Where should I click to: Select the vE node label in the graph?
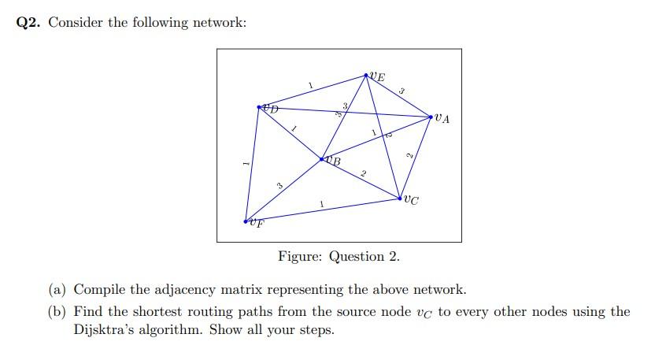[378, 77]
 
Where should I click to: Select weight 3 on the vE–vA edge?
[402, 92]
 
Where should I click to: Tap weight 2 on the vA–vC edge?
[409, 155]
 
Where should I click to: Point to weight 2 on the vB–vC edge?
[363, 173]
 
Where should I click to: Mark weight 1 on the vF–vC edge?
[321, 204]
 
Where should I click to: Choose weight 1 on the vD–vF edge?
[246, 163]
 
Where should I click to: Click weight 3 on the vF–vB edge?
[279, 186]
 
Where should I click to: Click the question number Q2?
[29, 22]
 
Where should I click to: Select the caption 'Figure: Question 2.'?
[339, 257]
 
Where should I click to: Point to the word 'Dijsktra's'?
[105, 330]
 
